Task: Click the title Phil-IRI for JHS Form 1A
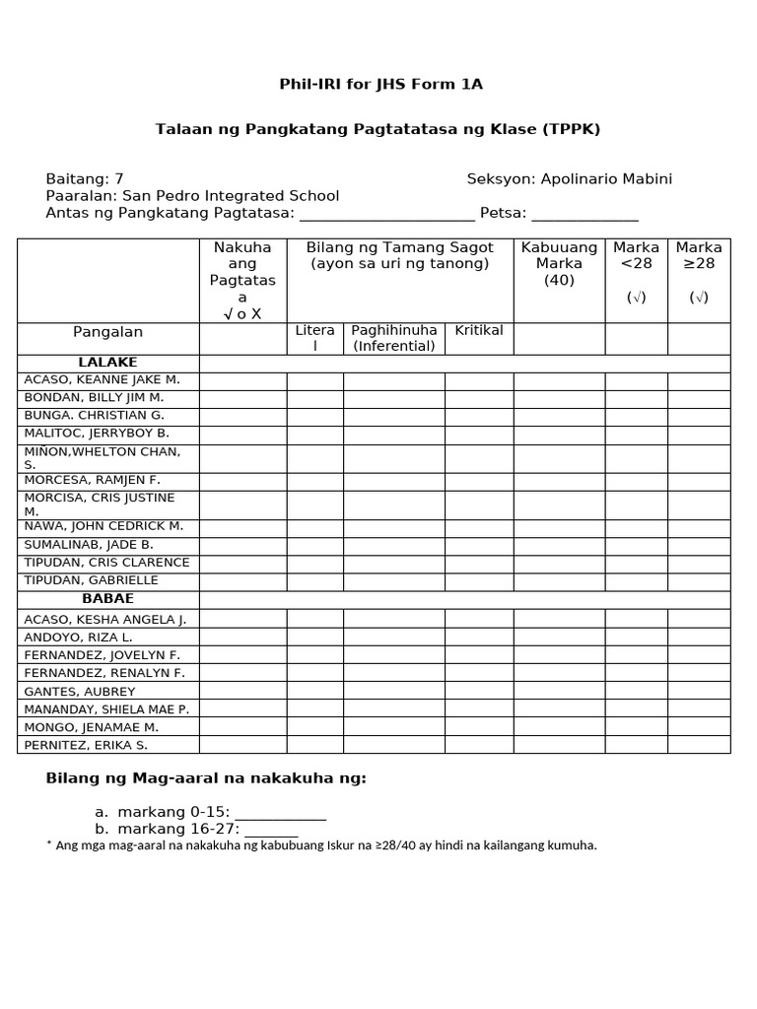click(381, 84)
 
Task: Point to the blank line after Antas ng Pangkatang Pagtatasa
click(386, 215)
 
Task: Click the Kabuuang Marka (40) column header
click(559, 263)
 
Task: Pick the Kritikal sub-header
click(479, 330)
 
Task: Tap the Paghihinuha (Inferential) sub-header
click(394, 338)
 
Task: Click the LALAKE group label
click(108, 363)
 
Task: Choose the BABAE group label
click(108, 599)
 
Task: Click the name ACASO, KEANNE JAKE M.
click(102, 380)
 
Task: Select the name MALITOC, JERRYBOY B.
click(97, 433)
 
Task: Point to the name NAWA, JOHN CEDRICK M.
click(103, 526)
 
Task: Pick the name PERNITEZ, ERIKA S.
click(86, 745)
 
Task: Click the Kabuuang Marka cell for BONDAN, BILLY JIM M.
click(559, 398)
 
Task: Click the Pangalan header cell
click(108, 333)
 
